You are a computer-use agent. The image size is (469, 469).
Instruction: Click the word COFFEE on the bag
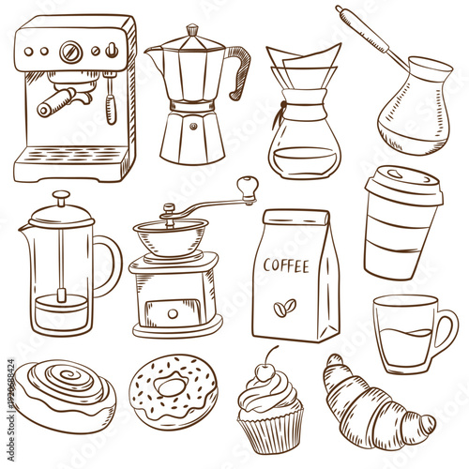point(286,265)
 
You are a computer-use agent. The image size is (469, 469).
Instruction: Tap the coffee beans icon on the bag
point(284,306)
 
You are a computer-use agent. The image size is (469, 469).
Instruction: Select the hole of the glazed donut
point(172,385)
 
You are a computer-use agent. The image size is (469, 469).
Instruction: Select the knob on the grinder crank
point(247,185)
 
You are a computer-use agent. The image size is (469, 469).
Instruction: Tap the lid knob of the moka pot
point(191,29)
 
